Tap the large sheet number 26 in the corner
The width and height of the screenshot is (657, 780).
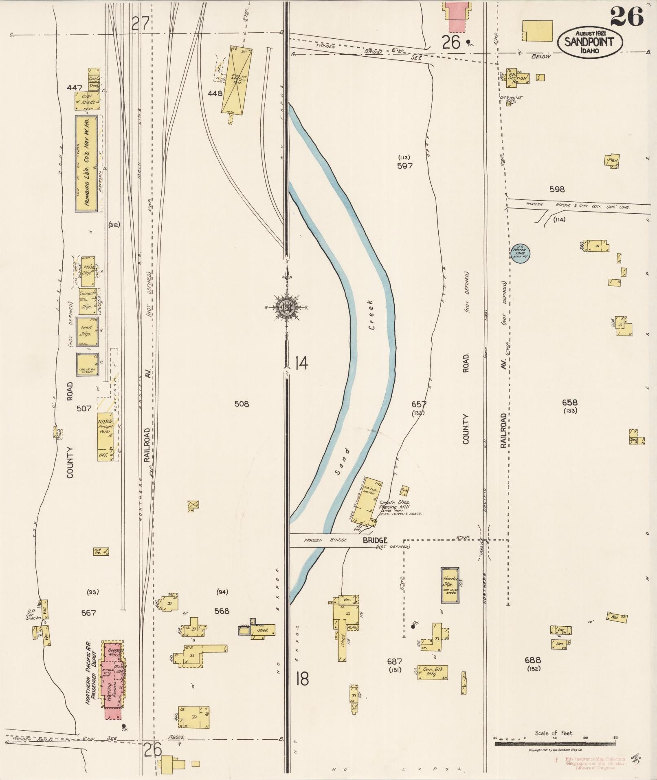[x=626, y=16]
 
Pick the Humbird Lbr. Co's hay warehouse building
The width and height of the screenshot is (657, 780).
[x=86, y=163]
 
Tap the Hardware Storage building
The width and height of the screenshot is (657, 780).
[x=450, y=585]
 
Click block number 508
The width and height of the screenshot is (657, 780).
[x=242, y=404]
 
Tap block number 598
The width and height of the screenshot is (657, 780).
[x=557, y=189]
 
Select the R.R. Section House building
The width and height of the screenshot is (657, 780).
[x=517, y=79]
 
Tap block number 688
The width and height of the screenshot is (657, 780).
[x=533, y=659]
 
